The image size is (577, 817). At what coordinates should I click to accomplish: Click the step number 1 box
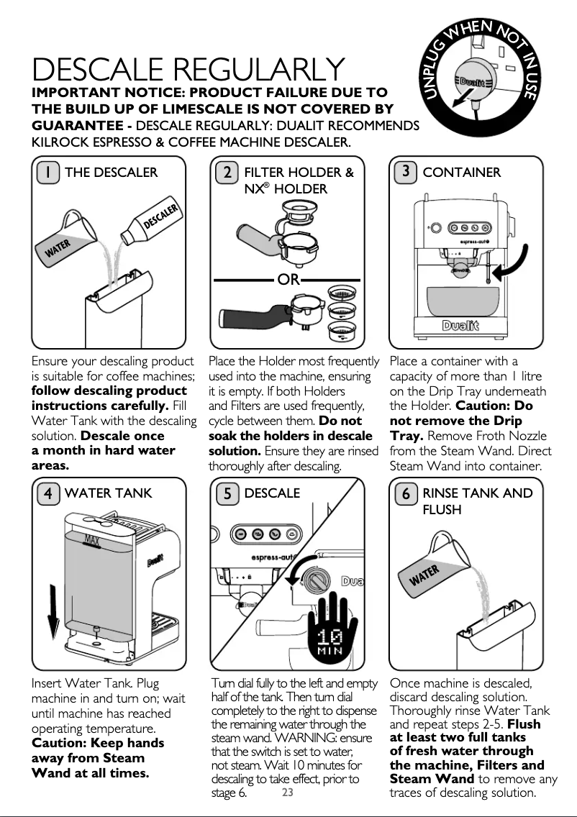(x=48, y=173)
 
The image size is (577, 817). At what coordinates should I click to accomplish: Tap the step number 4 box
(x=48, y=493)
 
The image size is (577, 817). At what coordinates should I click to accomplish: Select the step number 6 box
(x=406, y=493)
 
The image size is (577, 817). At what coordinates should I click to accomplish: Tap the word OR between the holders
(x=288, y=280)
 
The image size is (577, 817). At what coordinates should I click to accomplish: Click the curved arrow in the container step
(x=514, y=265)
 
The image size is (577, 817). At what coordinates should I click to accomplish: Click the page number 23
(x=287, y=793)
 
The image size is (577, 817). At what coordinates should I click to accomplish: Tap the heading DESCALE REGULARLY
(x=188, y=69)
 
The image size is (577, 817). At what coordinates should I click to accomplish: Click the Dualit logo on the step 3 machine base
(x=460, y=327)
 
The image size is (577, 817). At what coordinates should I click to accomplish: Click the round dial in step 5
(x=317, y=579)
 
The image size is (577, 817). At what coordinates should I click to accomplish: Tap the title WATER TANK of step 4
(x=109, y=493)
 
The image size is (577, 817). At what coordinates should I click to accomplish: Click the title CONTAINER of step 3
(x=461, y=173)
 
